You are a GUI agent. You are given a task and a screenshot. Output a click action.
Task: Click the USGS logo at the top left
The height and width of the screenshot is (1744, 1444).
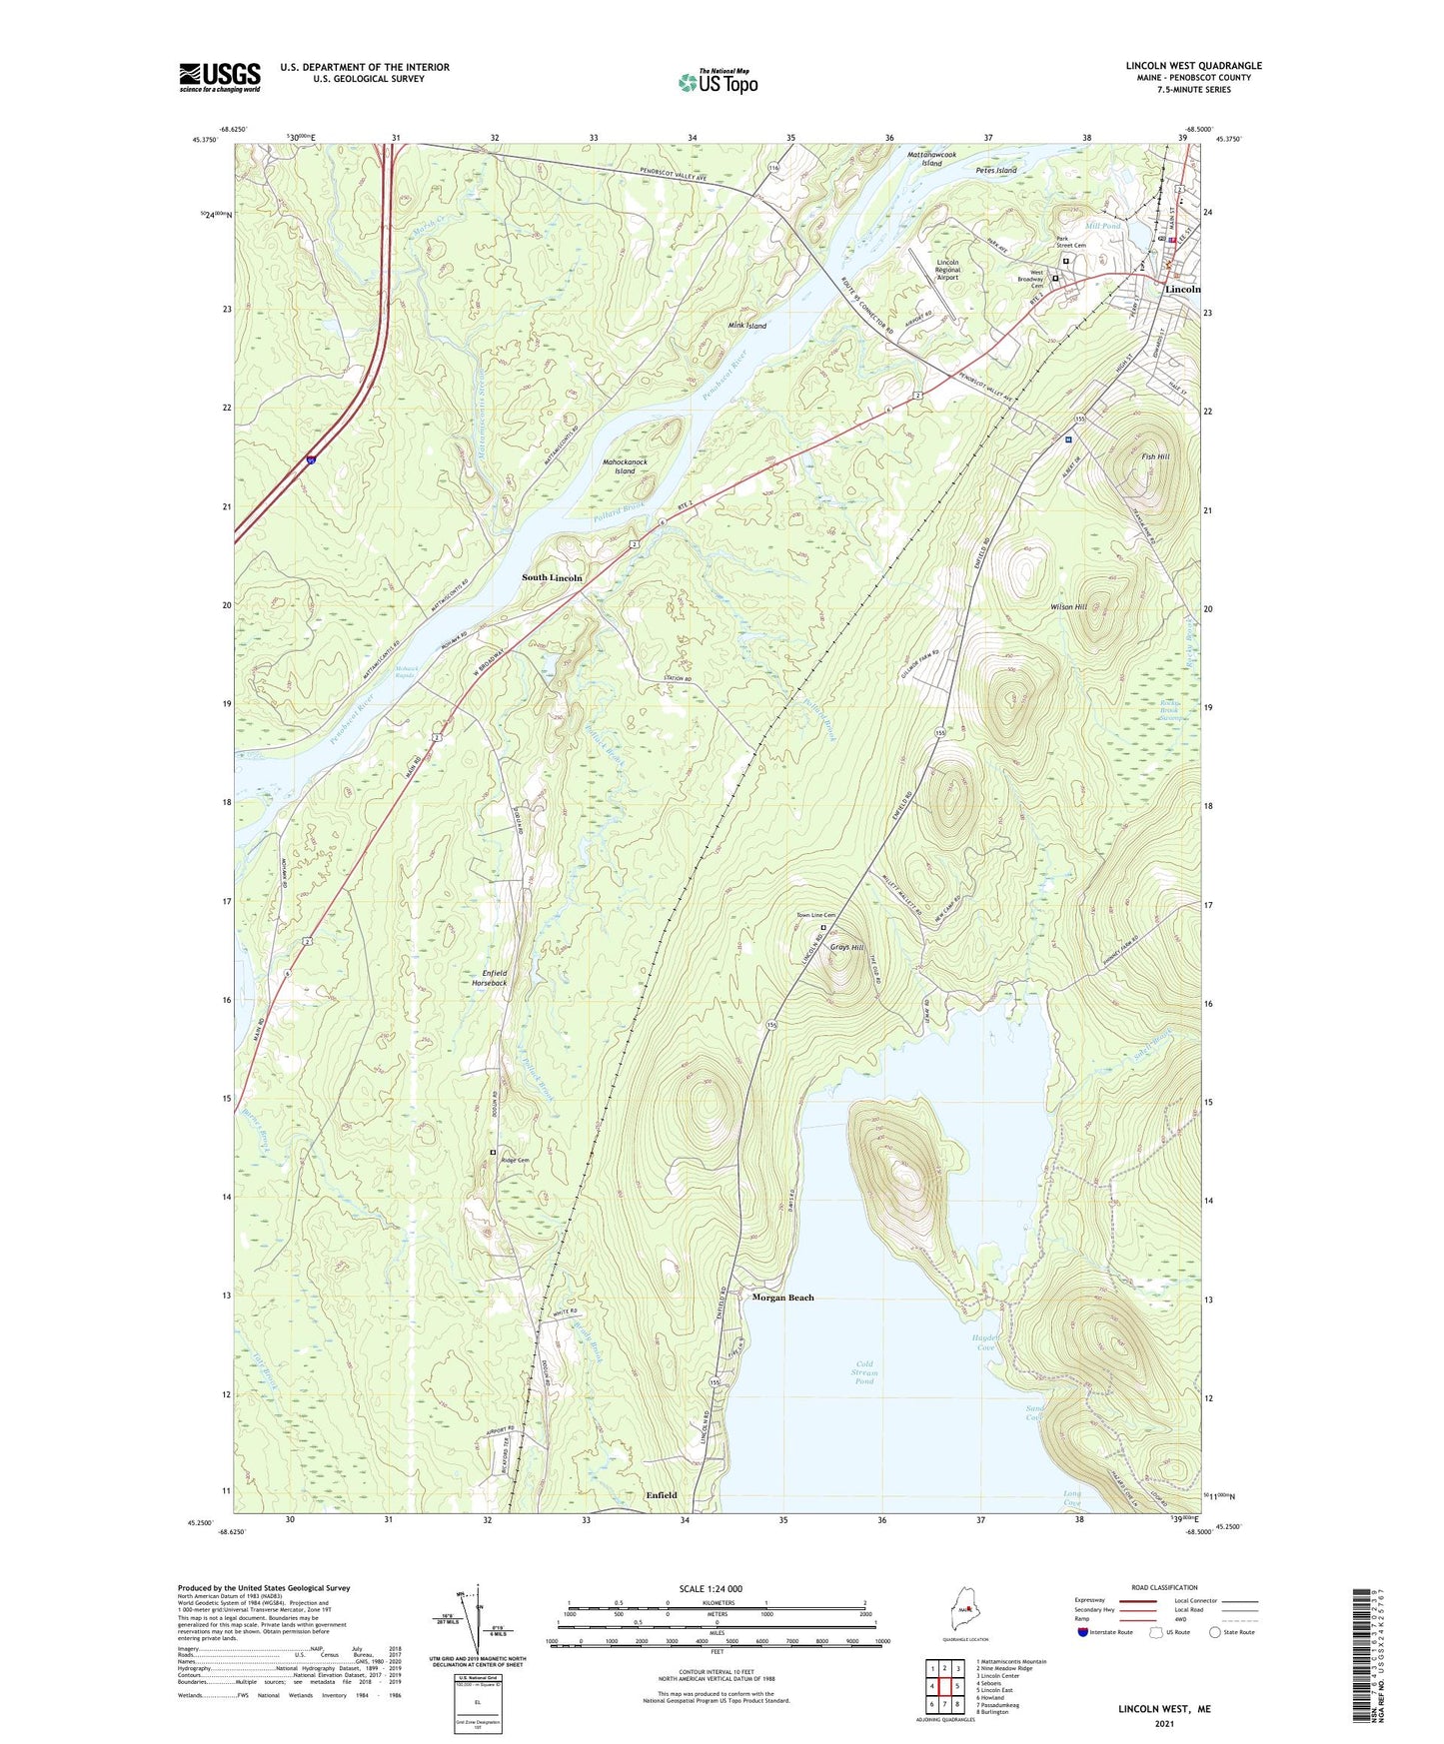(x=220, y=77)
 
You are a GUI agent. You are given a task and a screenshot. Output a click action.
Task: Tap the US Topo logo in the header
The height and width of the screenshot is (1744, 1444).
(x=717, y=81)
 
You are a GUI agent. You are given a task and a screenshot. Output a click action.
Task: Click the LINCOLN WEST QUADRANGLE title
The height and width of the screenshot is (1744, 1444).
(x=1193, y=66)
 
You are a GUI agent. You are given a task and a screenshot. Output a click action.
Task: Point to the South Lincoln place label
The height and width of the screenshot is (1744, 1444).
(x=553, y=577)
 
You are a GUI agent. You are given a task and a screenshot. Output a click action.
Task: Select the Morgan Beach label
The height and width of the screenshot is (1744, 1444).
(x=782, y=1298)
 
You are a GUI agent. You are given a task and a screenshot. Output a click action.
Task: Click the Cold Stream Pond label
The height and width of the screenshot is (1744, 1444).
(x=864, y=1372)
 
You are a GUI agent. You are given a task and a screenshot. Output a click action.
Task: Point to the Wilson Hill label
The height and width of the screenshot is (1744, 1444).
(x=1068, y=607)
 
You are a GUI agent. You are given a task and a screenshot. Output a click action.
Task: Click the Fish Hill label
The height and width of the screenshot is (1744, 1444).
(x=1155, y=456)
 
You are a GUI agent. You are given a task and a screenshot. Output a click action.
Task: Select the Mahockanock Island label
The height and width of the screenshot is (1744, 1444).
(x=625, y=466)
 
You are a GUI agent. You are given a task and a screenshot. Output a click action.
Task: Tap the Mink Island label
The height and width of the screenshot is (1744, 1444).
(x=747, y=326)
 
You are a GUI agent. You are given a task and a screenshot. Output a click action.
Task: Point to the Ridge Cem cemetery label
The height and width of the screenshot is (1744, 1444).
(x=515, y=1160)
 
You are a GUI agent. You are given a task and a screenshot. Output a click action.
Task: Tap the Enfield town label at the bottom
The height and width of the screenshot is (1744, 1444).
(x=661, y=1495)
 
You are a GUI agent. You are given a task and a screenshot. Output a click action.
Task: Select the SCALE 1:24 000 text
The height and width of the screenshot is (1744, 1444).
(x=710, y=1589)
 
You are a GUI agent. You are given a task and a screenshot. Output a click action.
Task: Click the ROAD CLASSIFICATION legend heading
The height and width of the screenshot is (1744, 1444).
(x=1163, y=1587)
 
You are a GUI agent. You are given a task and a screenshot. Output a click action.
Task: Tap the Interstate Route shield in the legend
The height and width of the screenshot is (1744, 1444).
(x=1084, y=1632)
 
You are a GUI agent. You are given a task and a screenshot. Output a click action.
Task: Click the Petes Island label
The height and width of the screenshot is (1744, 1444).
(x=995, y=171)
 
